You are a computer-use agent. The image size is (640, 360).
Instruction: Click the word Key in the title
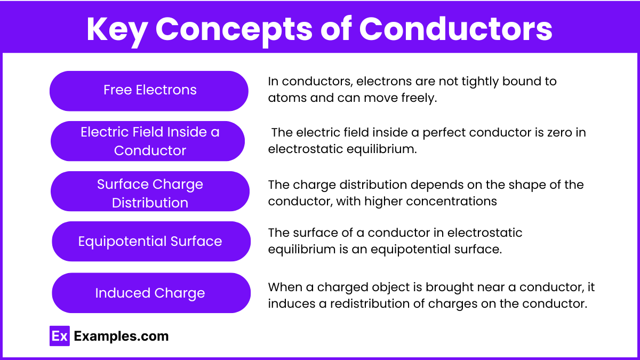(x=117, y=30)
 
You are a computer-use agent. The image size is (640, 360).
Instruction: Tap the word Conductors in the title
(x=455, y=29)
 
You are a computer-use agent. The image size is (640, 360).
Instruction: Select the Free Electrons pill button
(x=149, y=91)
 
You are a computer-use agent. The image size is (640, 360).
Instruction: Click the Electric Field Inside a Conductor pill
(x=148, y=141)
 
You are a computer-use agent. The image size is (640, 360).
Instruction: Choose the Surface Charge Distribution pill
(x=150, y=191)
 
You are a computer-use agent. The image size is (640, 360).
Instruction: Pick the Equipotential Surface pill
(x=151, y=241)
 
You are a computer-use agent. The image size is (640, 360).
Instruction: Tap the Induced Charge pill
(x=151, y=293)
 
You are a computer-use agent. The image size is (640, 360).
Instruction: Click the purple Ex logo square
(x=60, y=336)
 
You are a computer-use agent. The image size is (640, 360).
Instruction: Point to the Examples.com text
(x=121, y=337)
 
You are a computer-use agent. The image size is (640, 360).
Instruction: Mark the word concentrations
(x=451, y=202)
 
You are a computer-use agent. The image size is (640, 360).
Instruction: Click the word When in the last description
(x=285, y=287)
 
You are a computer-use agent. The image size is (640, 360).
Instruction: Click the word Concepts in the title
(x=234, y=30)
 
